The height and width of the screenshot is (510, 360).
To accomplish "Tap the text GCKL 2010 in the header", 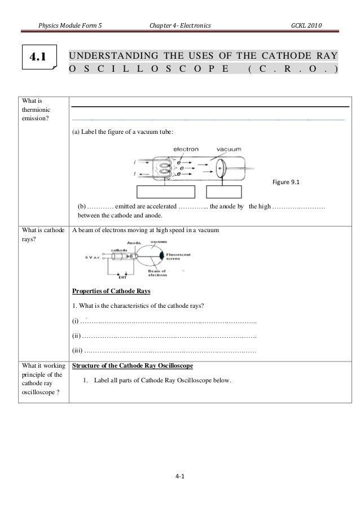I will (307, 25).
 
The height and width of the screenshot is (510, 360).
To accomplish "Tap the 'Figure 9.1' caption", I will (286, 182).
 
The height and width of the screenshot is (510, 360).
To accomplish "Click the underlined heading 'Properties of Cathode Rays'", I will (111, 292).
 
